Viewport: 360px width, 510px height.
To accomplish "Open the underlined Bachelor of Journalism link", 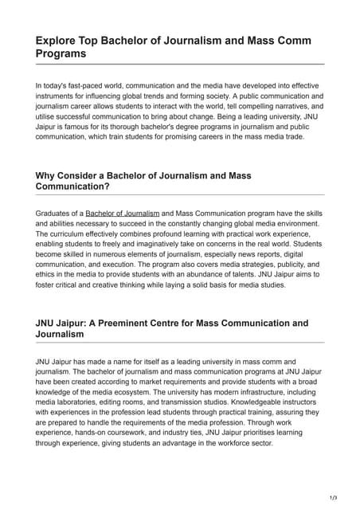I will tap(123, 214).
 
